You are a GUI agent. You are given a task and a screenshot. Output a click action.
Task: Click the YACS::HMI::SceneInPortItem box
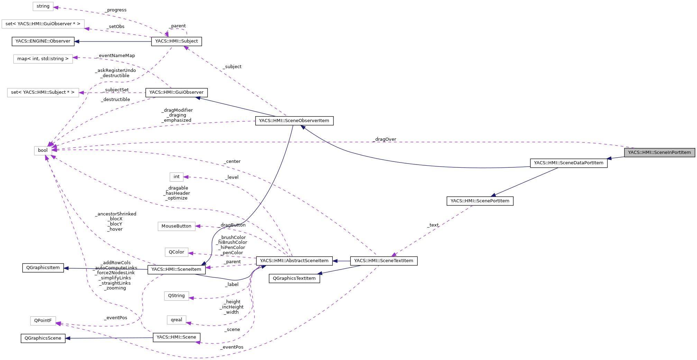(x=659, y=153)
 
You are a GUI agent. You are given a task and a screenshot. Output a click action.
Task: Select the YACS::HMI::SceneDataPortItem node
(x=568, y=163)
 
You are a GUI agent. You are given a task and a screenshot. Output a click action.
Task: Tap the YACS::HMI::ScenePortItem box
(x=480, y=201)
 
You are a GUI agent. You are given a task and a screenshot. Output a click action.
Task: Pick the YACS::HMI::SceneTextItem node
(x=384, y=261)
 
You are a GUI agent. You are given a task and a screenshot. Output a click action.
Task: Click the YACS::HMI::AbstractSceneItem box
(x=294, y=261)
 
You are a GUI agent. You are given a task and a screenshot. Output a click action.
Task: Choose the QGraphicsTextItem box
(x=294, y=278)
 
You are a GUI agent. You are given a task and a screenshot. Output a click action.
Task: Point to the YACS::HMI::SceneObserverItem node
(x=294, y=121)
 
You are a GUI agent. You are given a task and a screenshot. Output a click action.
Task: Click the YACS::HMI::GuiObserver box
(x=176, y=92)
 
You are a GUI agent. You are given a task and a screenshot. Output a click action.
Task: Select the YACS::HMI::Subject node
(x=176, y=41)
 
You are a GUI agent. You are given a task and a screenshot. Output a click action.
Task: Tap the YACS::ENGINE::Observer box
(x=43, y=41)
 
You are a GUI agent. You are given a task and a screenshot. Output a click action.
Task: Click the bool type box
(x=43, y=150)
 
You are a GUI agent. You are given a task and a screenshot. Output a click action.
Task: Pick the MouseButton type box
(x=176, y=226)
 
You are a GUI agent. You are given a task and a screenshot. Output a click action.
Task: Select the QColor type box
(x=176, y=252)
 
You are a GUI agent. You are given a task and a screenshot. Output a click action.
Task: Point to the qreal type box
(x=176, y=320)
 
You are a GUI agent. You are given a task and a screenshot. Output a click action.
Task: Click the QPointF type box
(x=43, y=321)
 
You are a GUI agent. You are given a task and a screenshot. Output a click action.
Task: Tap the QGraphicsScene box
(x=43, y=338)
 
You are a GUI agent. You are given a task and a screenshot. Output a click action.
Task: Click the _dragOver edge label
(x=385, y=139)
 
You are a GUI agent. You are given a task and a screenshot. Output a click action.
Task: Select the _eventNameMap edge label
(x=117, y=56)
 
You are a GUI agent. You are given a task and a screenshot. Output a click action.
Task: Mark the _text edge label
(x=433, y=225)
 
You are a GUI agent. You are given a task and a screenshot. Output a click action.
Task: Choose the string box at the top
(x=43, y=6)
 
